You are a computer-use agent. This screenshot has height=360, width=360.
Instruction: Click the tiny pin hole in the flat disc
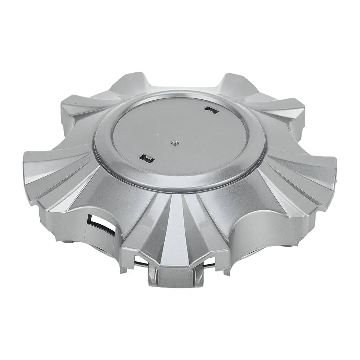[174, 143]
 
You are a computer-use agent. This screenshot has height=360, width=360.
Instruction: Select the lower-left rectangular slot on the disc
[146, 157]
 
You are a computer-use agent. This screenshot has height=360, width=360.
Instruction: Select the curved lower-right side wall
[259, 234]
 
